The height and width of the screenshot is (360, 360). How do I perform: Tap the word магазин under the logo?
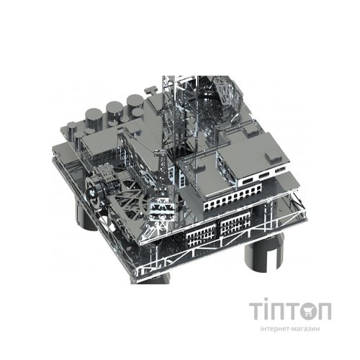pos(307,329)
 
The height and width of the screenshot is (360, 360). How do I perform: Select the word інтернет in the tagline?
pos(274,328)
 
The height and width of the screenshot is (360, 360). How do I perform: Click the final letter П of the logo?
pos(324,311)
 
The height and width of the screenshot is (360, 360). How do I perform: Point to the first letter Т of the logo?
pos(257,311)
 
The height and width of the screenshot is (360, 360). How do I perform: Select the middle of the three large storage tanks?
pos(114,112)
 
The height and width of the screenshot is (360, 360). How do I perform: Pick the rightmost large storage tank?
pos(135,104)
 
